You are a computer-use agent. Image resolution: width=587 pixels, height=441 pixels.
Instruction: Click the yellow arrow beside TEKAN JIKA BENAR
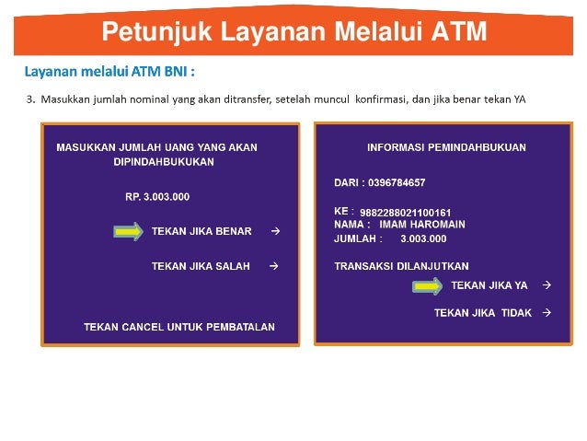(x=128, y=231)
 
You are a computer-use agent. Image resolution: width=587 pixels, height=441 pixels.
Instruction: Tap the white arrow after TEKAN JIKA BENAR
(x=275, y=231)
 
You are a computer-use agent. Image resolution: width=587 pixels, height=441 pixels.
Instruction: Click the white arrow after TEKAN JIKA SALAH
(x=273, y=266)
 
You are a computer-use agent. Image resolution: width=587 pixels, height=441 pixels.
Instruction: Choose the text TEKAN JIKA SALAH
(x=201, y=266)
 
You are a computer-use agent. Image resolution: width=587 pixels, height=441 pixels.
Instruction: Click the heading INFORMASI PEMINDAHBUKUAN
(x=433, y=147)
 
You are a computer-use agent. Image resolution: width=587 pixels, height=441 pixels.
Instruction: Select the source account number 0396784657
(x=396, y=182)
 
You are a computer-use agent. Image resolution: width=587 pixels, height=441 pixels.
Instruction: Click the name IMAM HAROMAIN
(x=422, y=224)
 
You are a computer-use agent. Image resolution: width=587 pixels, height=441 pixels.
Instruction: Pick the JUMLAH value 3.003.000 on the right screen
(x=423, y=238)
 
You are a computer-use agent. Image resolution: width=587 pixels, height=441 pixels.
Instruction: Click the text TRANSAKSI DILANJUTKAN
(x=401, y=266)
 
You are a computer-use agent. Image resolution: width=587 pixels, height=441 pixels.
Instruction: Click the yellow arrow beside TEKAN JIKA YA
(x=428, y=286)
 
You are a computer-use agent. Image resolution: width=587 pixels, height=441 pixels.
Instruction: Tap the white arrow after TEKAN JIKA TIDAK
(x=547, y=312)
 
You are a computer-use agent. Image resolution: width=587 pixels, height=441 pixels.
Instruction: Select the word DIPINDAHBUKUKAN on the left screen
(x=163, y=161)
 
